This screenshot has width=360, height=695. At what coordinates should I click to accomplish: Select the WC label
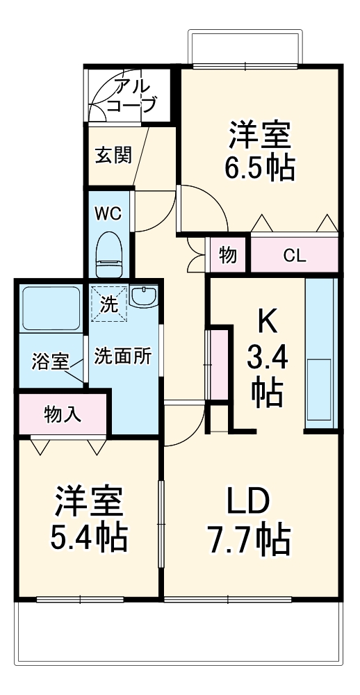(x=108, y=213)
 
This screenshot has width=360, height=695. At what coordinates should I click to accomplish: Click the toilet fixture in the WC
(x=108, y=255)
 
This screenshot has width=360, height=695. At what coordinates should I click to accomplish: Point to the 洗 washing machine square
(x=108, y=304)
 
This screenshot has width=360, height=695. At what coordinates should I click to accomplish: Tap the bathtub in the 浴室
(x=51, y=307)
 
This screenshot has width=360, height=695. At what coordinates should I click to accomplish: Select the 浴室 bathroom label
(x=50, y=361)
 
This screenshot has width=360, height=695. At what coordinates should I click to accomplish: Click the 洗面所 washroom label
(x=123, y=356)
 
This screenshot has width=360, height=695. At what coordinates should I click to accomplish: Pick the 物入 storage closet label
(x=63, y=415)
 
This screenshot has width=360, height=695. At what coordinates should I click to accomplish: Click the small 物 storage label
(x=228, y=255)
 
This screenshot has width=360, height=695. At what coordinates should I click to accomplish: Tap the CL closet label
(x=294, y=256)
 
